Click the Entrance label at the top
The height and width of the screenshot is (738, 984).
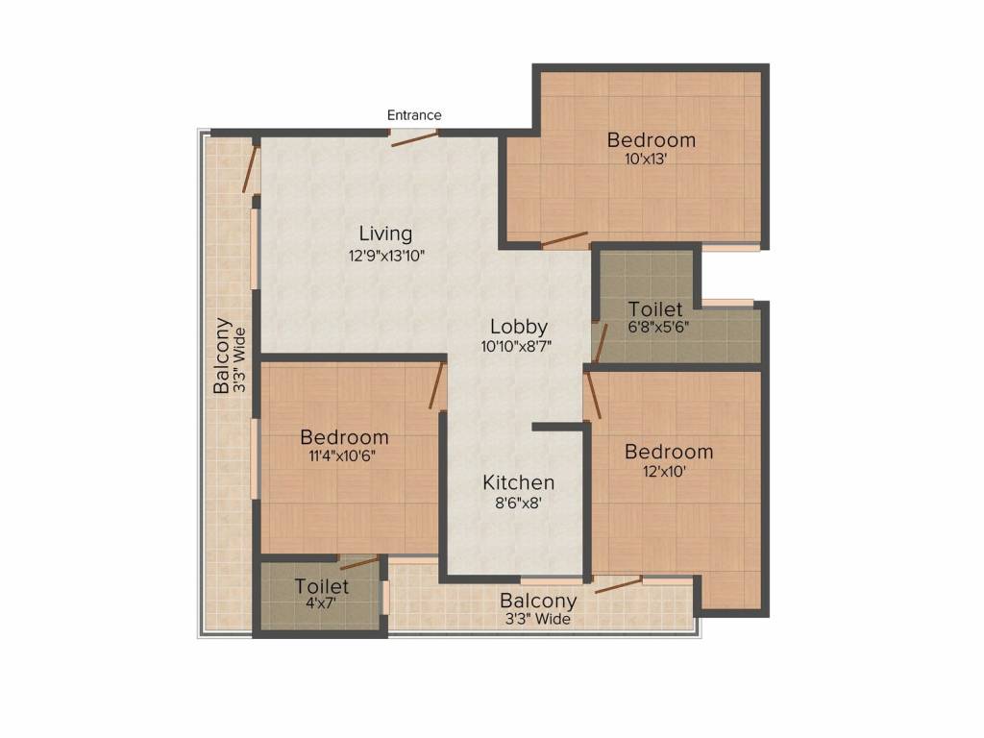click(x=414, y=115)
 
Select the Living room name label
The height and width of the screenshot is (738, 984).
click(x=385, y=234)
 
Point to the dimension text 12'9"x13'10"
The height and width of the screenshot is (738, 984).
click(x=385, y=256)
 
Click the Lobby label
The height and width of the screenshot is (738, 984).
click(x=519, y=326)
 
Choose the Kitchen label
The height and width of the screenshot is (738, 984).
click(x=518, y=482)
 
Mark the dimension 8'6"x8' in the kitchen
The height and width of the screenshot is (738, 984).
click(x=518, y=503)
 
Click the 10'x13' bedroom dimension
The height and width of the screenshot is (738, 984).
click(x=645, y=160)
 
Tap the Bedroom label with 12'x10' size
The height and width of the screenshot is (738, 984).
click(x=669, y=452)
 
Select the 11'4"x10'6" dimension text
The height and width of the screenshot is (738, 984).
click(x=344, y=456)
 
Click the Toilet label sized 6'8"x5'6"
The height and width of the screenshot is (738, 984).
click(x=655, y=309)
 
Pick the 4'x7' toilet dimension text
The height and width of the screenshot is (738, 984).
click(x=321, y=605)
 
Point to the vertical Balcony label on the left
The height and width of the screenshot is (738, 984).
click(x=222, y=356)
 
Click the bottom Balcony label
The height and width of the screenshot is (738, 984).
click(x=538, y=602)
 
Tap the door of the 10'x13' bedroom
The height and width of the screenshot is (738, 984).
click(x=564, y=239)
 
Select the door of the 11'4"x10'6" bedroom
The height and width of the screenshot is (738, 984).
click(x=438, y=384)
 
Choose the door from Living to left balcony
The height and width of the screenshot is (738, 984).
click(x=252, y=169)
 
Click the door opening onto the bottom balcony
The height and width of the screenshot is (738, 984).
click(x=617, y=584)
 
